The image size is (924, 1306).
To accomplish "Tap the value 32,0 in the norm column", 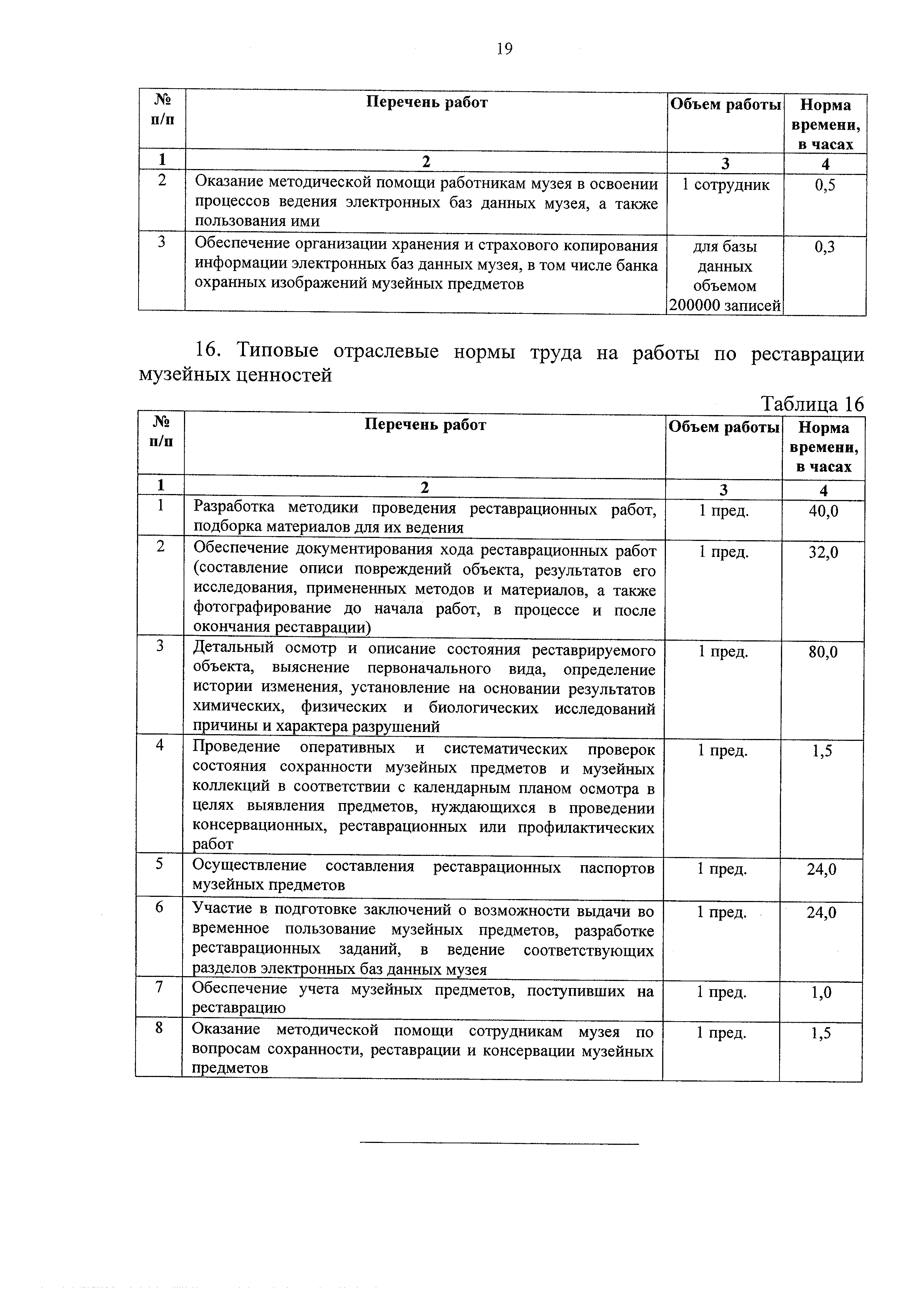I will (823, 552).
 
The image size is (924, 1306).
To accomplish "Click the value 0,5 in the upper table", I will (825, 185).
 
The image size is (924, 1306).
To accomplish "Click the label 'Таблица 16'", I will (813, 404).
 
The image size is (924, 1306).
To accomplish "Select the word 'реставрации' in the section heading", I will (807, 354).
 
